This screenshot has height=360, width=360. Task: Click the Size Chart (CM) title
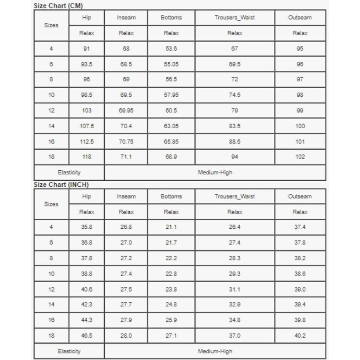click(x=58, y=5)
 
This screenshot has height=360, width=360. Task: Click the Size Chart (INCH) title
click(x=61, y=185)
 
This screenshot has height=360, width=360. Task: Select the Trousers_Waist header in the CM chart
click(x=235, y=18)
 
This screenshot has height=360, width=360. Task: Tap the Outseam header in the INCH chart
click(x=300, y=196)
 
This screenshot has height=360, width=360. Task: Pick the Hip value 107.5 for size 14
click(x=87, y=126)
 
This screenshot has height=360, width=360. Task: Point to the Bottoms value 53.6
click(x=171, y=49)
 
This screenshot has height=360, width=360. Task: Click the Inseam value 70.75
click(x=126, y=142)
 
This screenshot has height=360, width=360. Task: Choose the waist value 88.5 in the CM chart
click(x=235, y=142)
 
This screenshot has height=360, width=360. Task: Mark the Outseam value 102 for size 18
click(x=300, y=157)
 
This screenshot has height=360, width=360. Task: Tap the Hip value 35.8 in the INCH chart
click(x=87, y=227)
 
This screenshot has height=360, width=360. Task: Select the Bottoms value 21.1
click(x=171, y=227)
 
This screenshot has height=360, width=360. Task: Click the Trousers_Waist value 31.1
click(x=235, y=289)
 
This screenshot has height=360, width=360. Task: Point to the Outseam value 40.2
click(x=300, y=336)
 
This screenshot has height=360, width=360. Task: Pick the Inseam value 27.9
click(x=126, y=320)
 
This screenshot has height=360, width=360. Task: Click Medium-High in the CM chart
click(x=215, y=172)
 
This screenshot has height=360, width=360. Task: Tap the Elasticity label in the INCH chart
click(x=69, y=351)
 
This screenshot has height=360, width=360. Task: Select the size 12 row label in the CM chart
click(x=51, y=111)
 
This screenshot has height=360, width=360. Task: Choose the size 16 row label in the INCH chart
click(x=51, y=320)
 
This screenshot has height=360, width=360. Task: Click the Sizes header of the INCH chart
click(x=51, y=204)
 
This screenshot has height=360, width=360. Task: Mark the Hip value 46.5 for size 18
click(x=87, y=336)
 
